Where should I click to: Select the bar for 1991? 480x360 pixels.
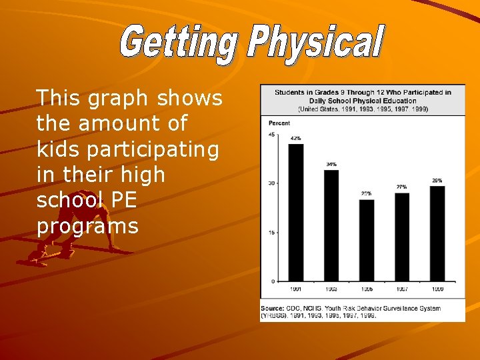tap(296, 212)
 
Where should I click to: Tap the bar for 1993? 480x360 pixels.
tap(331, 225)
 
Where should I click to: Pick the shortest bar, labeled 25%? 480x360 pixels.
tap(367, 240)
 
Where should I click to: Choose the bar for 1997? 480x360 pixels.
tap(402, 237)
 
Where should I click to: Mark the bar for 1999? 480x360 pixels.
tap(437, 233)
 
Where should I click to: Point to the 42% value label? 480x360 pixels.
tap(296, 138)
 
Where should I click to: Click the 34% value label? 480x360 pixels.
tap(331, 164)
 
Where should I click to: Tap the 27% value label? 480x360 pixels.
tap(402, 187)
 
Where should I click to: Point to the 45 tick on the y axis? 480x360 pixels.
tap(271, 134)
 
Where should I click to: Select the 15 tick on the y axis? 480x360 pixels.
tap(271, 232)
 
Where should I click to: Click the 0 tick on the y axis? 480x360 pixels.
tap(273, 281)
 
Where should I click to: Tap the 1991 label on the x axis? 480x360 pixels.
tap(296, 289)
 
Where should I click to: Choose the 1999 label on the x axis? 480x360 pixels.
tap(437, 289)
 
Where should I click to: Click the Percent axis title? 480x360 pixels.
tap(279, 123)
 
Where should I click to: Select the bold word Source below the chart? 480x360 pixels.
tap(273, 308)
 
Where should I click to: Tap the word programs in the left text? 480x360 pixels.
tap(88, 227)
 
